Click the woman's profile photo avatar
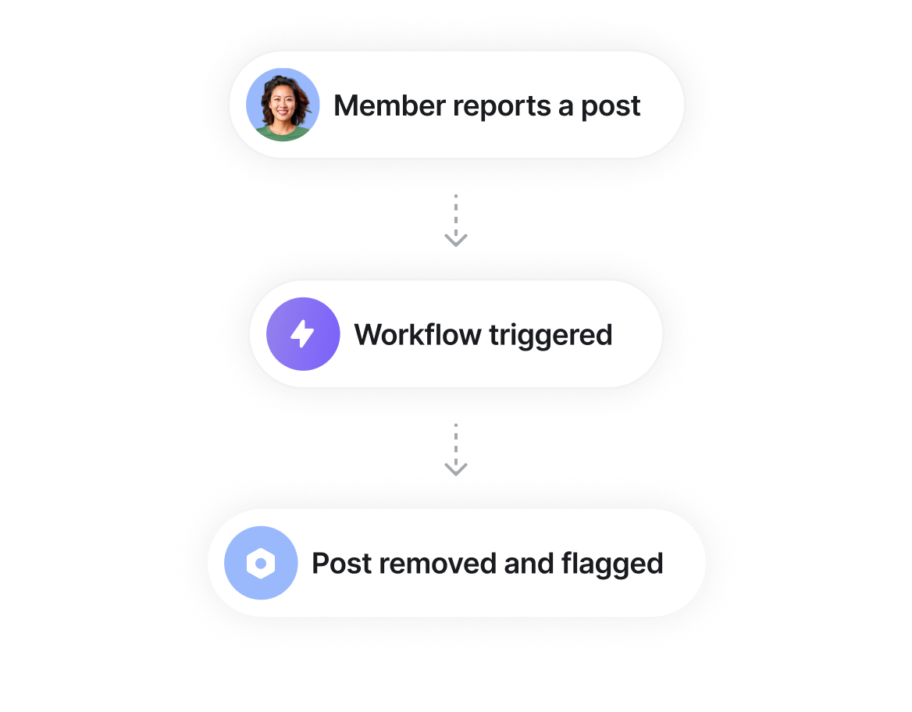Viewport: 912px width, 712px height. pos(283,105)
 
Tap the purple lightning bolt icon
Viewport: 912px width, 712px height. pos(303,334)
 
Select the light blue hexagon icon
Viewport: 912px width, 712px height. pos(261,563)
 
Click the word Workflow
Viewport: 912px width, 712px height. pos(418,335)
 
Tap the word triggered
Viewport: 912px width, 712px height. pos(550,336)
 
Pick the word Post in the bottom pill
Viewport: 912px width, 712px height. pos(341,564)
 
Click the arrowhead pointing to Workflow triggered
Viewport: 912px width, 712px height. pos(456,239)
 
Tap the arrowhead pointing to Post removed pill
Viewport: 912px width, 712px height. pos(456,468)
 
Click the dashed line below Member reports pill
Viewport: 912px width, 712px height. pos(456,212)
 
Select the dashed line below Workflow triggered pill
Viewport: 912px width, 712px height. pos(456,441)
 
